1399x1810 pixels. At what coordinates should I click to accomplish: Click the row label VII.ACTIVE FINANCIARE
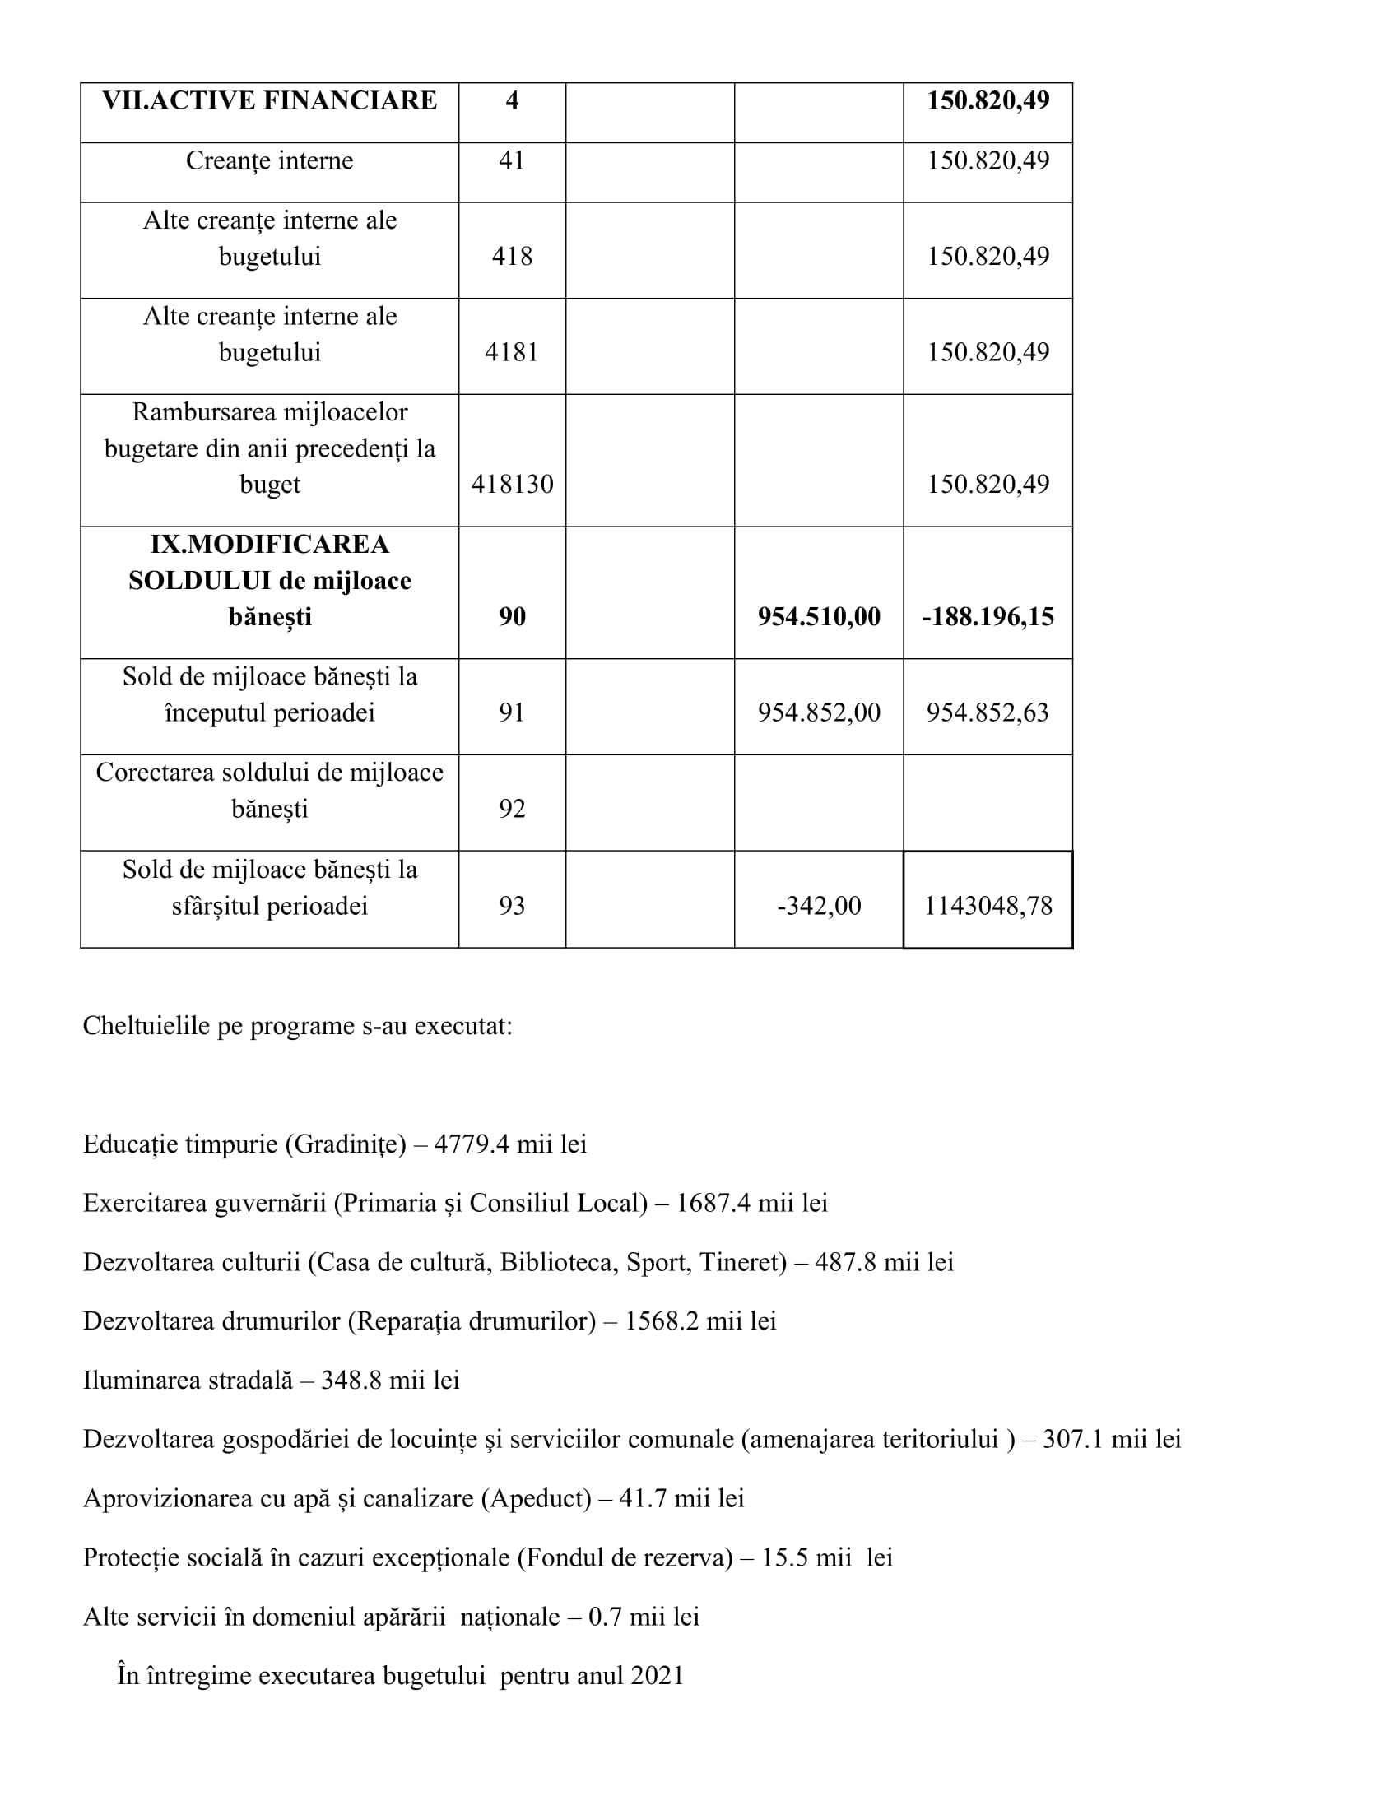pos(269,100)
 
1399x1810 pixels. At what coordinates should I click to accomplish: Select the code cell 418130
pos(512,484)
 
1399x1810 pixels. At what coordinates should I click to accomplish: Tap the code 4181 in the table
pos(512,352)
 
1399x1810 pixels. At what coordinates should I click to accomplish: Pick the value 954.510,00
pos(819,616)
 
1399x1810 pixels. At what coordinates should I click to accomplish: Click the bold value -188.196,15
pos(988,616)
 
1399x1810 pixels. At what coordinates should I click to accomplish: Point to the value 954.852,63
pos(988,712)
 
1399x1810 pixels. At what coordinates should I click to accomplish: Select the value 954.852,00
pos(819,712)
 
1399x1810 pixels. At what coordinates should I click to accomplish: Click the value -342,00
pos(819,905)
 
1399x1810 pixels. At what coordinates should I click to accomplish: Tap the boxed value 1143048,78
pos(988,905)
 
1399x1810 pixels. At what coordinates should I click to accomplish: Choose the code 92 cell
pos(512,809)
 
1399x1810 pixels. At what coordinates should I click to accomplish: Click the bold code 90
pos(512,616)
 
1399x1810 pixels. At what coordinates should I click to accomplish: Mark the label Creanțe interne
pos(269,160)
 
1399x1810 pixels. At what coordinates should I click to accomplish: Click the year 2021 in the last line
pos(658,1676)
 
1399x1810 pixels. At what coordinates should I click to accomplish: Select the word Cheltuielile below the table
pos(146,1026)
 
